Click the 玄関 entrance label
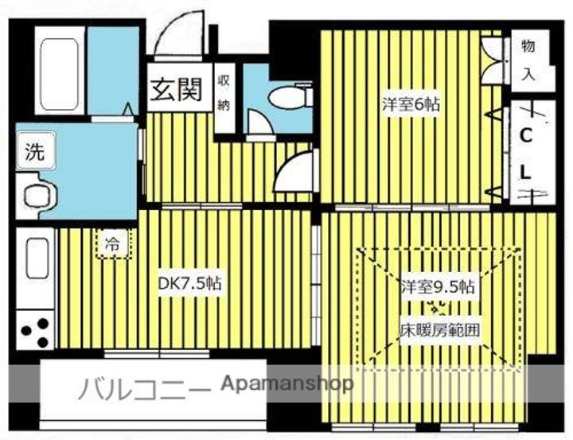176,90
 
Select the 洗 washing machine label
35,151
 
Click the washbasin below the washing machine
40,193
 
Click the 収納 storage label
224,93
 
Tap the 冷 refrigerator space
114,244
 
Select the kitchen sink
37,258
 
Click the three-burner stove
36,331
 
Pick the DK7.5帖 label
189,283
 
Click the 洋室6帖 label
411,104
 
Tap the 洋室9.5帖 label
438,287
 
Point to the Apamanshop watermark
288,384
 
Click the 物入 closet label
528,60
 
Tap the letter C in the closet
526,136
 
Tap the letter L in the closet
525,172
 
